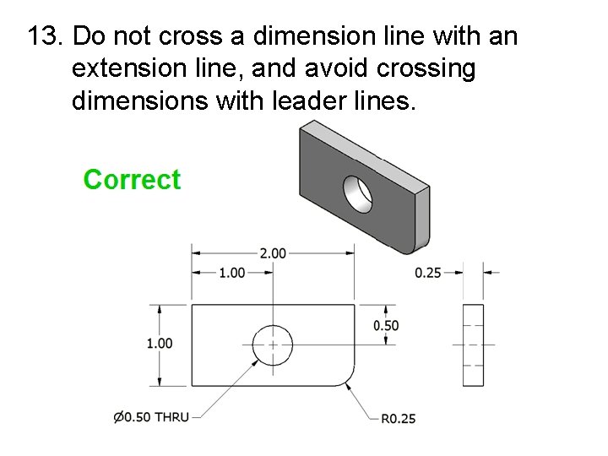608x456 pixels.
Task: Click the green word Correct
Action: pyautogui.click(x=132, y=180)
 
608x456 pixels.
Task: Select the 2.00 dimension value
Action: pyautogui.click(x=273, y=252)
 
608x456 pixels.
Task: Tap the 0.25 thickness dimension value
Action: pyautogui.click(x=428, y=273)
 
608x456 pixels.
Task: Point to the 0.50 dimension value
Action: pyautogui.click(x=386, y=326)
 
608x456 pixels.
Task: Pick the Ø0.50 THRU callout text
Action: pyautogui.click(x=151, y=417)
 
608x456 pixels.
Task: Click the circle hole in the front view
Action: pyautogui.click(x=273, y=345)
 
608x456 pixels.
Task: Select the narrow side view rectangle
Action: pyautogui.click(x=473, y=345)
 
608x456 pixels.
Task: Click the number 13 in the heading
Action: pyautogui.click(x=43, y=37)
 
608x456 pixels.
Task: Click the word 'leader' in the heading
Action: pyautogui.click(x=307, y=101)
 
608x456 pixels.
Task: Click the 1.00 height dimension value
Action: pyautogui.click(x=160, y=343)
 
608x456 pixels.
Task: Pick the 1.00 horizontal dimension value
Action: pyautogui.click(x=231, y=273)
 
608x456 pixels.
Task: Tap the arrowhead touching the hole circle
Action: pyautogui.click(x=257, y=360)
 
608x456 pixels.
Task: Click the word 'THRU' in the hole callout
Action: pyautogui.click(x=171, y=417)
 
